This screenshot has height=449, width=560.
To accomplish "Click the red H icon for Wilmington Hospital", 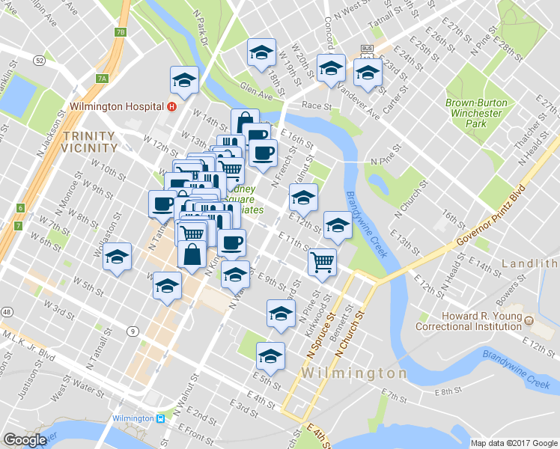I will coord(172,107).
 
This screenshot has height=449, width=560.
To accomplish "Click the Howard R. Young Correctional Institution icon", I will coord(529,320).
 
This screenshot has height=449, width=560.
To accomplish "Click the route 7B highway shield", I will coord(121,32).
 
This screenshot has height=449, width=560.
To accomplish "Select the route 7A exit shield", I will coord(103,78).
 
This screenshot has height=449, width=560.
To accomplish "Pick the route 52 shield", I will coord(40,59).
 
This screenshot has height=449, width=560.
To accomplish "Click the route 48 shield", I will coord(6,311).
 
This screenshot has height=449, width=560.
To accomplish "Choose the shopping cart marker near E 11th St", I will coord(322,263).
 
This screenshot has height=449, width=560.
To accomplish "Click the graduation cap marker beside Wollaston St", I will coord(117,258).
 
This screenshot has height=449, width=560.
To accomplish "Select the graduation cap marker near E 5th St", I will coord(270,355).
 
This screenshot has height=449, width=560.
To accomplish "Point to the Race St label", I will coord(317,107).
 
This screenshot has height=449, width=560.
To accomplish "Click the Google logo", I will coord(25,440).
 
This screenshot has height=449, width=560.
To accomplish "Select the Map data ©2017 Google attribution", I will coord(513,443).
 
